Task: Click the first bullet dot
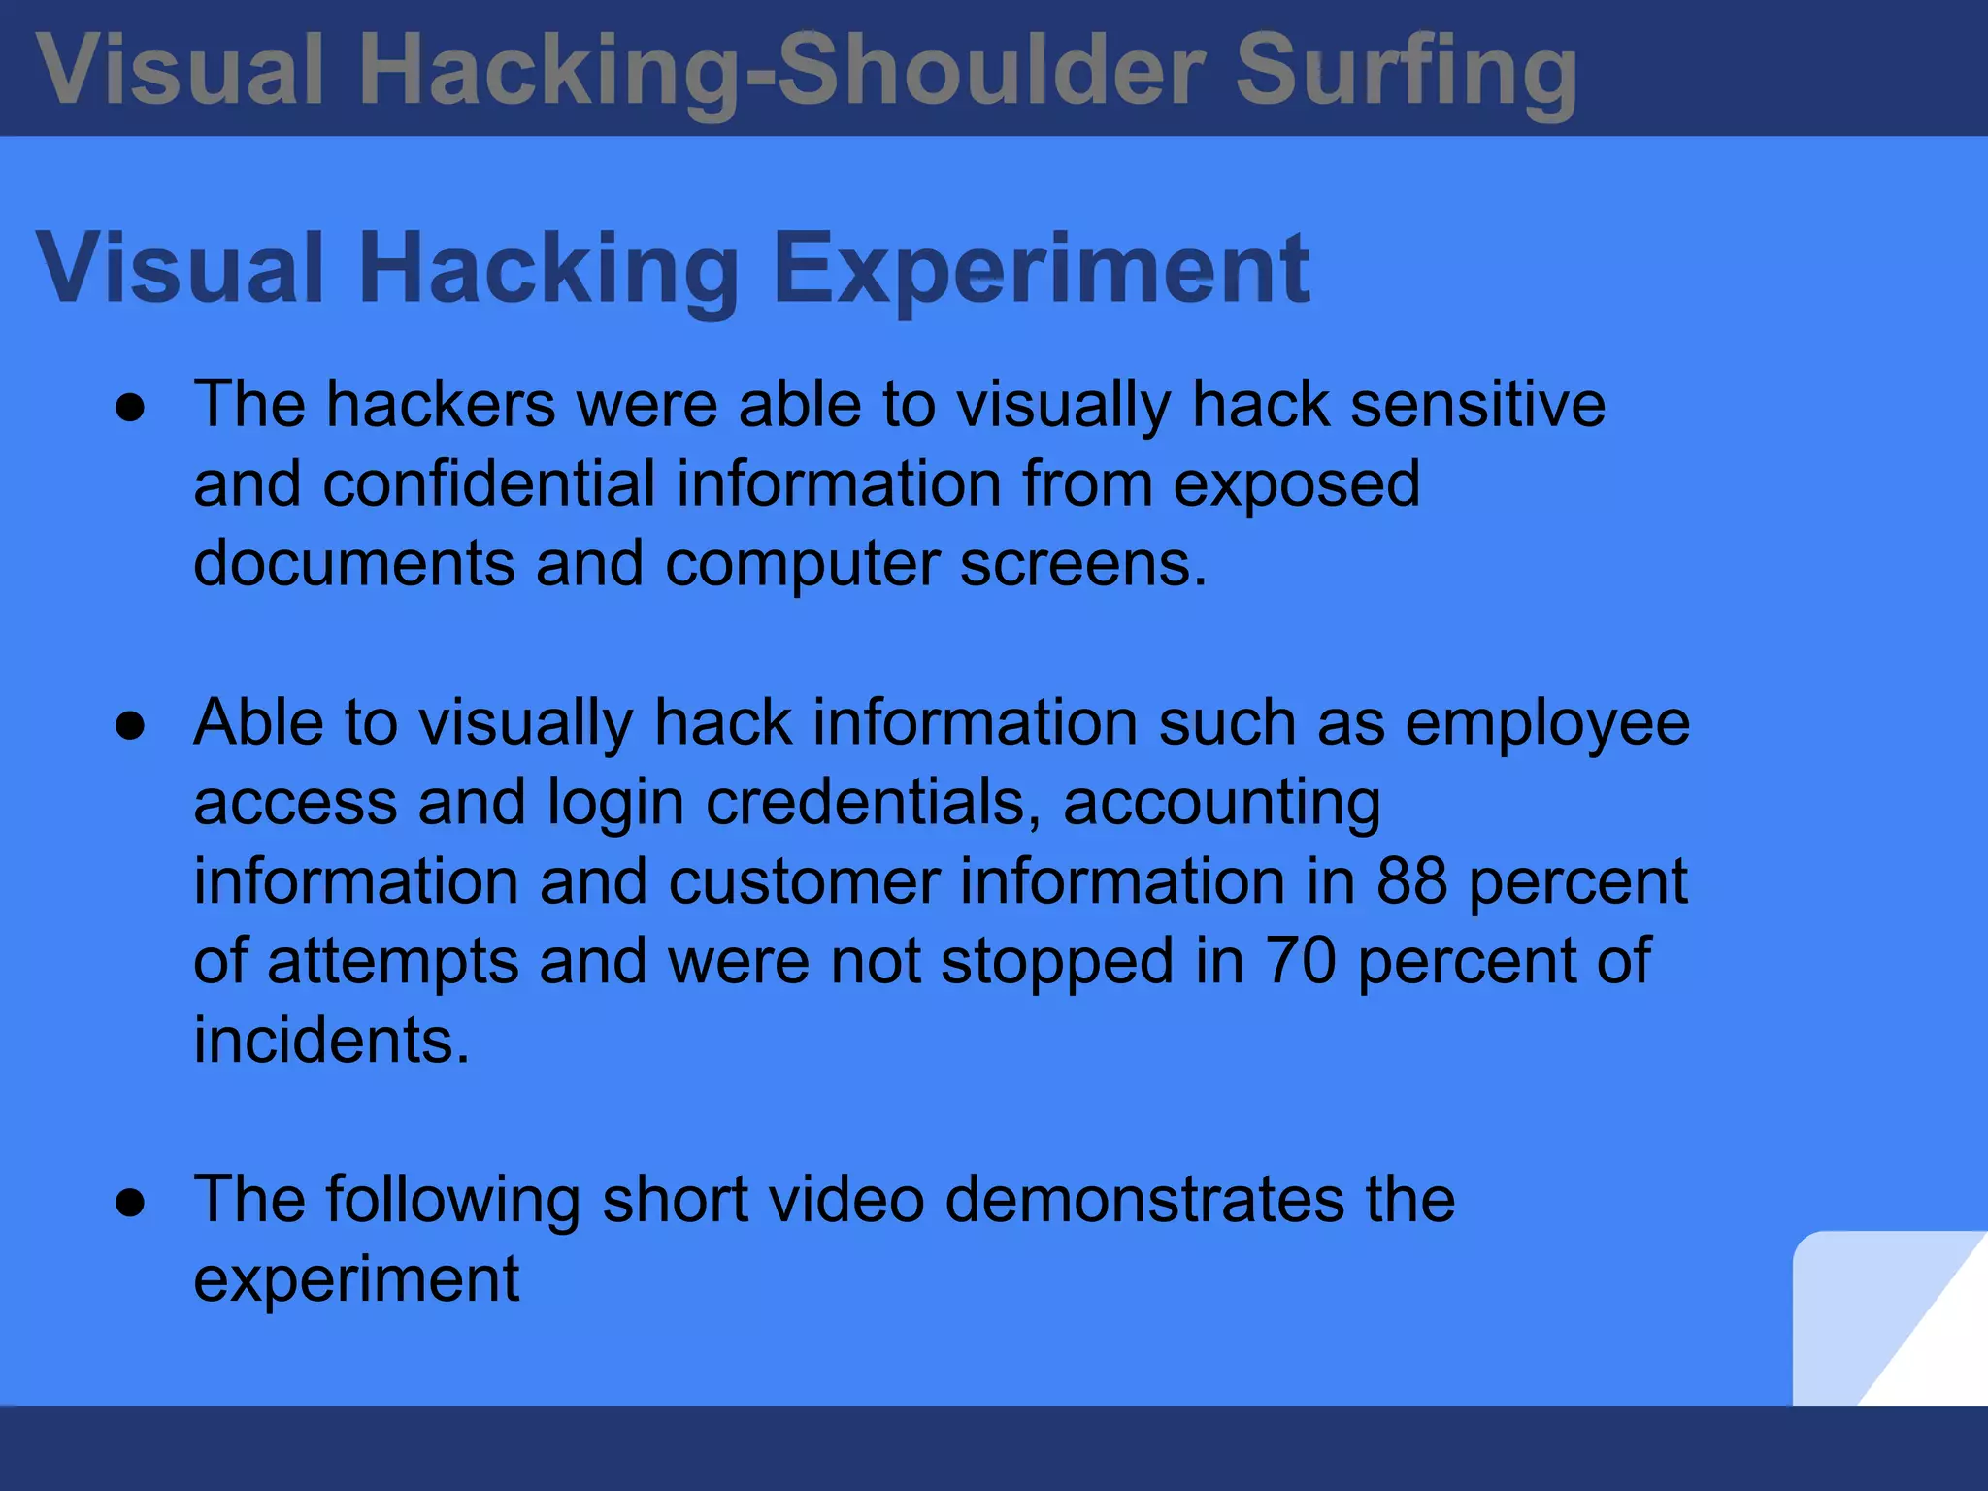[130, 408]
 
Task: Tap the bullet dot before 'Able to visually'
[130, 726]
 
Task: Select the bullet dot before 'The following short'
[130, 1203]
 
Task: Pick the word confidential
[488, 483]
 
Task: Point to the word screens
[1082, 563]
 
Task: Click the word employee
[1547, 724]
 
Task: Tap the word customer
[804, 881]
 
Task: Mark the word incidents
[331, 1041]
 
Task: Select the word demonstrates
[1144, 1200]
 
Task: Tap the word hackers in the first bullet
[441, 404]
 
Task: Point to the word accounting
[1221, 804]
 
